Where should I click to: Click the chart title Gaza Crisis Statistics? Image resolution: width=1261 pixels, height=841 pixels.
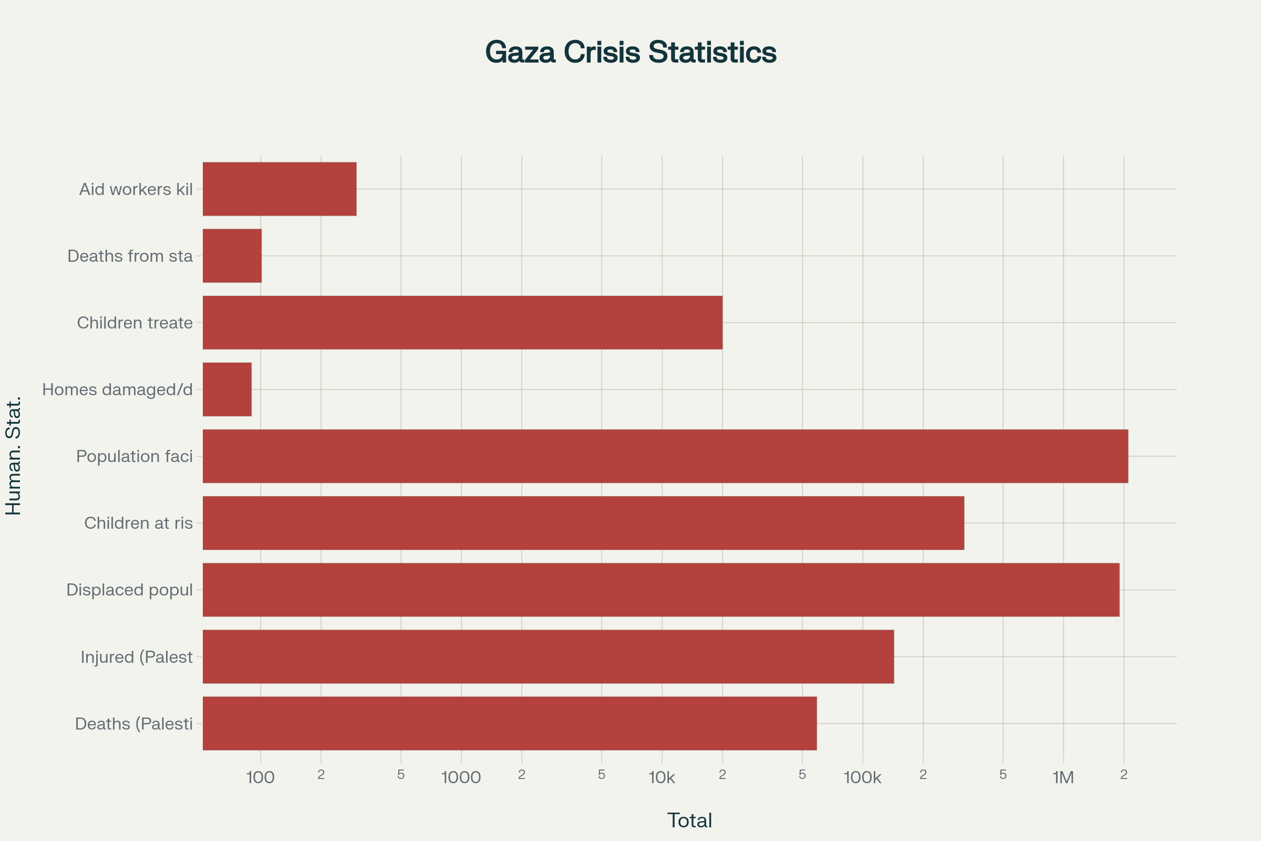[x=630, y=52]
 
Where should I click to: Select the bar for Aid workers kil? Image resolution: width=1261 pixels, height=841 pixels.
[x=280, y=189]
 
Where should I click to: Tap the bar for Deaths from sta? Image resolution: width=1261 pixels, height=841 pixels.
[x=232, y=256]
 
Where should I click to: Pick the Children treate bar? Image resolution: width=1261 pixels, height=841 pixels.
[x=462, y=322]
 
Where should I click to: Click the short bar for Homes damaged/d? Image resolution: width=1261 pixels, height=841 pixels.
[x=227, y=389]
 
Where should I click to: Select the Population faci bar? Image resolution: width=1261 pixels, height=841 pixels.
[x=665, y=456]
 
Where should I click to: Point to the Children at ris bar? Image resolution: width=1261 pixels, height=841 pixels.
[x=583, y=523]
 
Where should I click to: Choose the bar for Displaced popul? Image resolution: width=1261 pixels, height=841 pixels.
[x=661, y=589]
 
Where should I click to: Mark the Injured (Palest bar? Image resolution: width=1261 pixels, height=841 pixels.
[x=548, y=657]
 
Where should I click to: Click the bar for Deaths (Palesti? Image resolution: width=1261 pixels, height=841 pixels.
[x=509, y=723]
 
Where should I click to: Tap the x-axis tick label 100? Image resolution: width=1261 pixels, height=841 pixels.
[x=260, y=777]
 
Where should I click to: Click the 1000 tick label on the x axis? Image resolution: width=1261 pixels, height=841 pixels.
[x=461, y=777]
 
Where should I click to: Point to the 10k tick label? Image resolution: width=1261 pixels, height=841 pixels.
[x=661, y=777]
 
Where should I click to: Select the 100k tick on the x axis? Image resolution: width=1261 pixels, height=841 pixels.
[x=862, y=777]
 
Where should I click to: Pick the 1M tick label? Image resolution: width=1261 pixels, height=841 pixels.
[x=1062, y=777]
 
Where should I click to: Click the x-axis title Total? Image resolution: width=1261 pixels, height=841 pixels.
[x=689, y=821]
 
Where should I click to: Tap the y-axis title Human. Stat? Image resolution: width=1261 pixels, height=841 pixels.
[x=14, y=456]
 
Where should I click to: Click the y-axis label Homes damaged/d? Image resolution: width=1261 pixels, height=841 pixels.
[x=117, y=389]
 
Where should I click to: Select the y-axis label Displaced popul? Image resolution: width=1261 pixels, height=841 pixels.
[x=129, y=589]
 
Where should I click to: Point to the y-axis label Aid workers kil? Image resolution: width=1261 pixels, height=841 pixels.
[x=136, y=189]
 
